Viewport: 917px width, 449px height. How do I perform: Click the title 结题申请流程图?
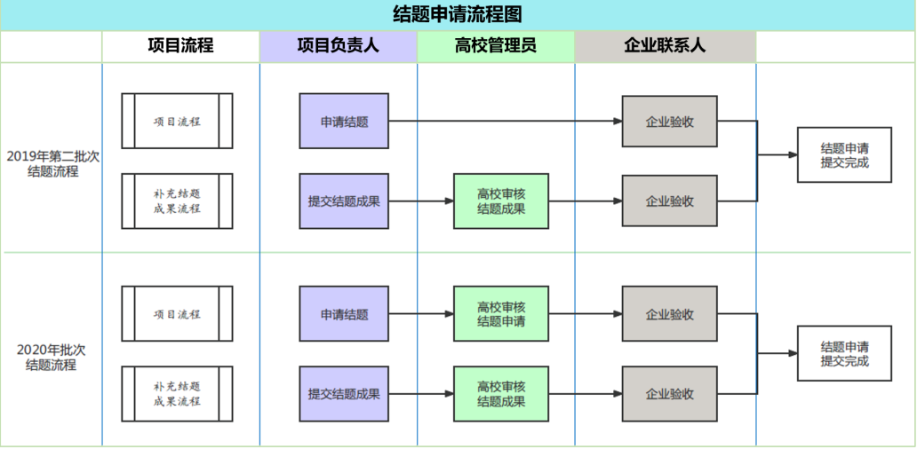(458, 14)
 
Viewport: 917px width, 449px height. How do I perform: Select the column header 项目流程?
(180, 46)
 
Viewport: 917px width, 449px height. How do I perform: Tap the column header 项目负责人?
(338, 46)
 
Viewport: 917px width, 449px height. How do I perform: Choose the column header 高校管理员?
(495, 46)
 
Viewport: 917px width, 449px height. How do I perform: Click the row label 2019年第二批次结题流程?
(52, 164)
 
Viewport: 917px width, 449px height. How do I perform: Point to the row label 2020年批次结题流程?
(52, 357)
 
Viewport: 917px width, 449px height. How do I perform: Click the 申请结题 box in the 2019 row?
(344, 122)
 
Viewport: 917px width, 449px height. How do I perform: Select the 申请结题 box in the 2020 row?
(344, 314)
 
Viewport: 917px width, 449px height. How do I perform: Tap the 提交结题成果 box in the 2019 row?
(344, 201)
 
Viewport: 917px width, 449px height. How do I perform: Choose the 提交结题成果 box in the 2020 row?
(344, 394)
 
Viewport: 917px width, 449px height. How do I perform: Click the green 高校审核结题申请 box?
(501, 314)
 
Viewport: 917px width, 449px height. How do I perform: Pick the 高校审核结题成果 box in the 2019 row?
(501, 201)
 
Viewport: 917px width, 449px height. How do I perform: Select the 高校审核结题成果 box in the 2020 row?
(501, 394)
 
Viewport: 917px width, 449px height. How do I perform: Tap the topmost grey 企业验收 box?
(669, 122)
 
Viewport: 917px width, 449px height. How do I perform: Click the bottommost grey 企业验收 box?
(669, 394)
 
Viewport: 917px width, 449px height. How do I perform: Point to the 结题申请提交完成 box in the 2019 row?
(844, 155)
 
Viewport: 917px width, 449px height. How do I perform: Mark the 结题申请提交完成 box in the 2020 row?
(844, 354)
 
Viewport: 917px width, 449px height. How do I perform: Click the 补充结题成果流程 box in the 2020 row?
(177, 394)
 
